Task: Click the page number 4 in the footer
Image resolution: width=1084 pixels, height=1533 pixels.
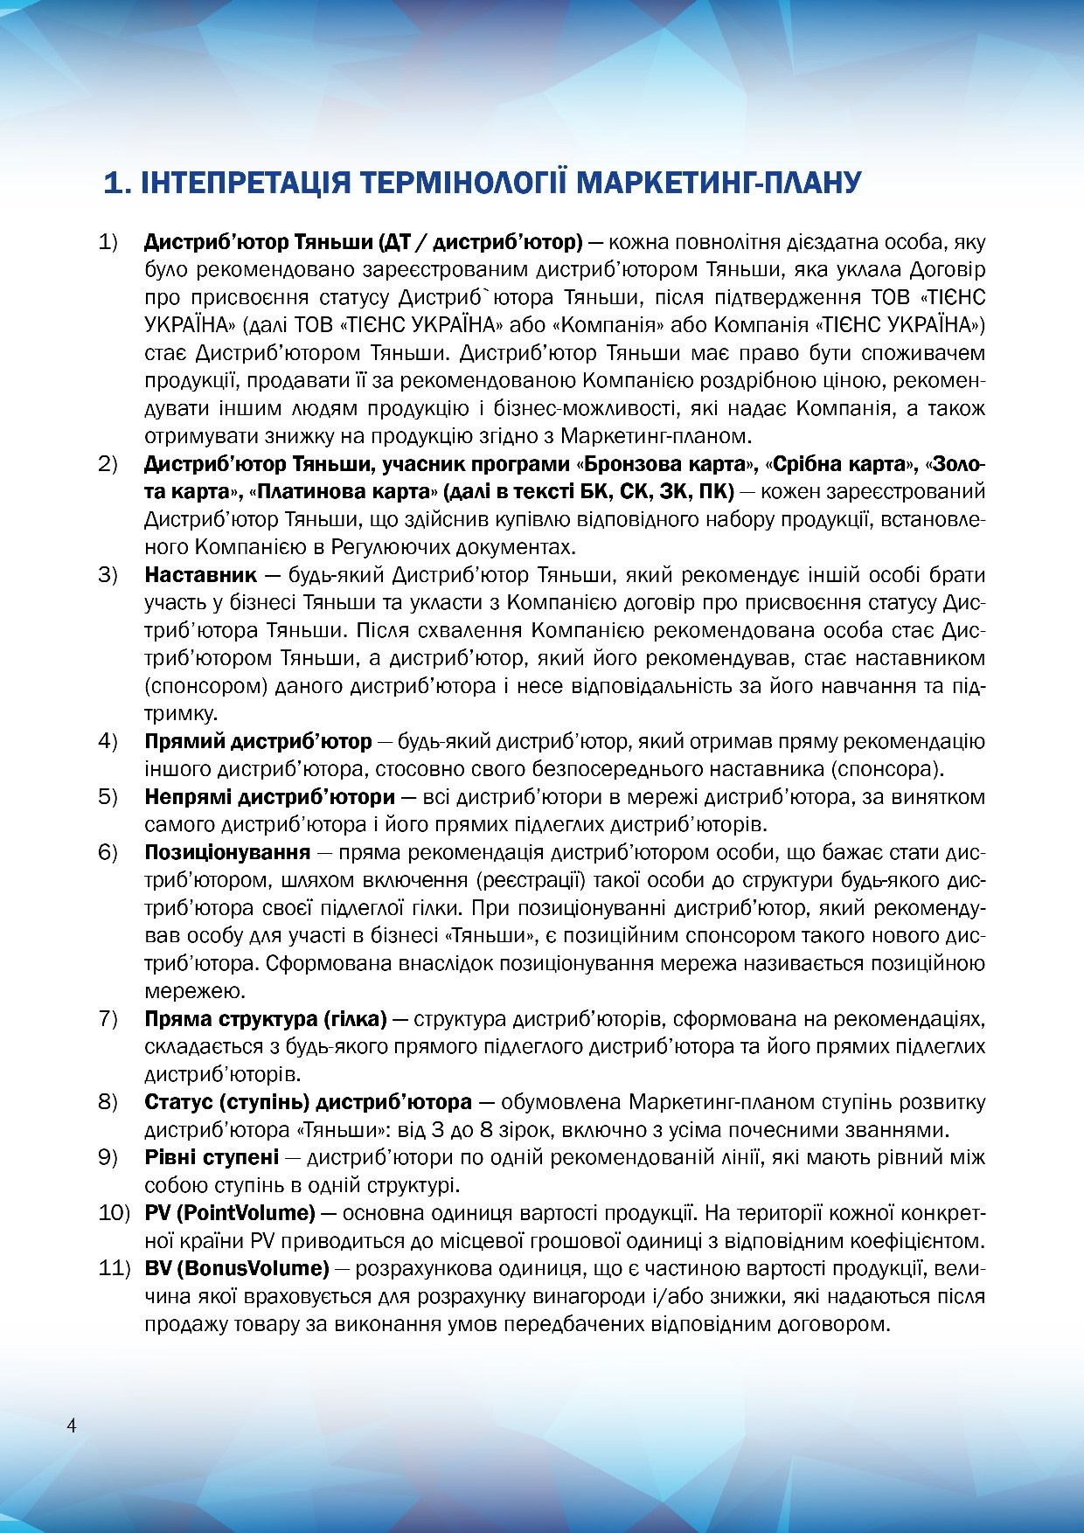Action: [72, 1425]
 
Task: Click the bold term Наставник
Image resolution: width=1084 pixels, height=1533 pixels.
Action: [200, 575]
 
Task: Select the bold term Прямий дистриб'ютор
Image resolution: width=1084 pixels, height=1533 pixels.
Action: [258, 741]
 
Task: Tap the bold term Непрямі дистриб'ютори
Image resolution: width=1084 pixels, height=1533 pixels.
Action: [269, 797]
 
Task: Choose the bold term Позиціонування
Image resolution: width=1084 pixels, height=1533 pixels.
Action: [227, 852]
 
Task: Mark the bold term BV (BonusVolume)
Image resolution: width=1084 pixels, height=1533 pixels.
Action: [236, 1267]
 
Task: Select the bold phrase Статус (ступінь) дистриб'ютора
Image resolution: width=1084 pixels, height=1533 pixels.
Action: [308, 1102]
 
